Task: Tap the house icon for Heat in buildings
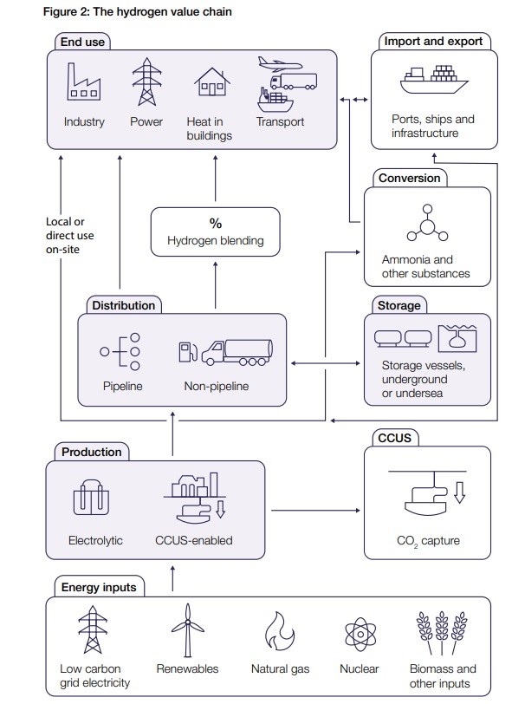point(211,81)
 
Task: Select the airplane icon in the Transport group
point(280,64)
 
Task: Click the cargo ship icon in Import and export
point(433,80)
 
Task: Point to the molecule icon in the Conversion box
point(427,223)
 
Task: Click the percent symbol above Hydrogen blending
point(216,223)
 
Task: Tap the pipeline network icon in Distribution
point(120,351)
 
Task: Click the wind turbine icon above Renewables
point(188,630)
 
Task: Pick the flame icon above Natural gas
point(280,630)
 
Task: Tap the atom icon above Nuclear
point(360,634)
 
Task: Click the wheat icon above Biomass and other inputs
point(442,632)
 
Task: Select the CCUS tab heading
point(394,438)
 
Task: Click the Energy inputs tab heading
point(99,587)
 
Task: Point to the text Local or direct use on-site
point(69,235)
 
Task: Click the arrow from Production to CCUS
point(315,510)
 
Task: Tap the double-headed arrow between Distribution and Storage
point(326,362)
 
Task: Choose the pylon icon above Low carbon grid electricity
point(93,629)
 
